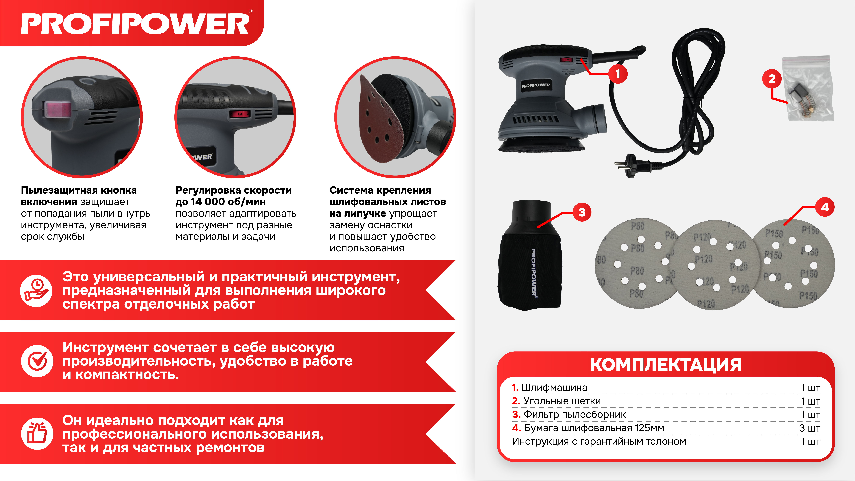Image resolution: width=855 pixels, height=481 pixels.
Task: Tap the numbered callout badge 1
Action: [x=618, y=74]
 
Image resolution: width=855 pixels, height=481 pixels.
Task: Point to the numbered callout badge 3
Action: [x=582, y=212]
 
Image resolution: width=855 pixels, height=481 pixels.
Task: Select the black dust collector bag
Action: [x=530, y=256]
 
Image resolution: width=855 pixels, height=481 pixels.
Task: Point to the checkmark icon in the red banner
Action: [x=37, y=361]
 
